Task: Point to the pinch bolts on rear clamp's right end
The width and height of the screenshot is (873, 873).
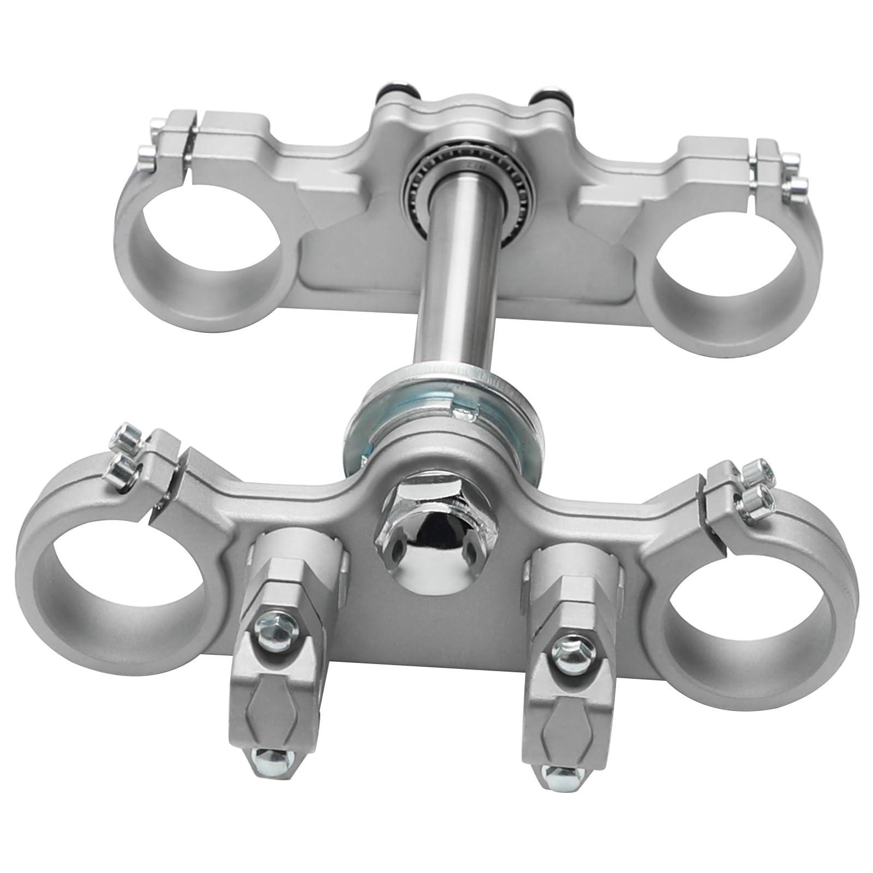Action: click(x=791, y=172)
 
